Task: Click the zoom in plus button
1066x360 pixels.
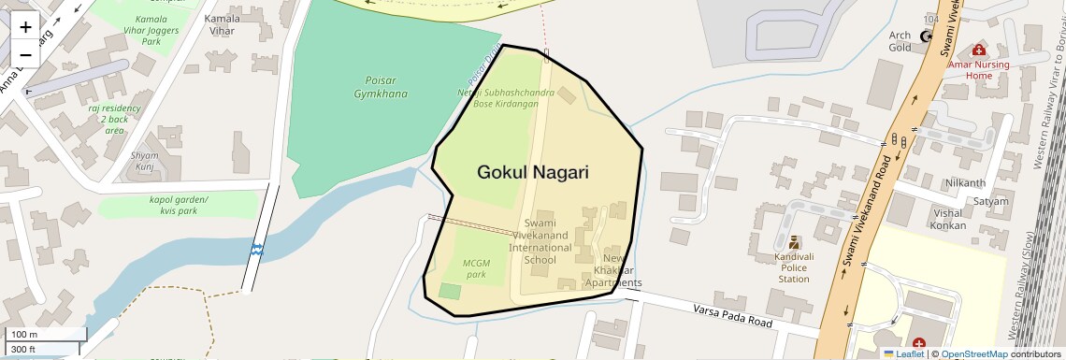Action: tap(25, 26)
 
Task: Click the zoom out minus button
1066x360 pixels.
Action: tap(25, 54)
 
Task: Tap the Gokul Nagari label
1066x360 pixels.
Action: tap(533, 172)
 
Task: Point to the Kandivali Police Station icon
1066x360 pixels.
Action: tap(794, 242)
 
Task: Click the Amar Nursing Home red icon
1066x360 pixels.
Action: tap(978, 50)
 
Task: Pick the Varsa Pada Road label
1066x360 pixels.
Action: tap(732, 316)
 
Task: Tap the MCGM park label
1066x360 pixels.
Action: tap(477, 268)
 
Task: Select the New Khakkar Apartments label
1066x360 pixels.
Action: tap(612, 270)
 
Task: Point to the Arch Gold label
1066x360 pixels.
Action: tap(900, 41)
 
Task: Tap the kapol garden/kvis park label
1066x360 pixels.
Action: tap(179, 205)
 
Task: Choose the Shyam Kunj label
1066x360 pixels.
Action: tap(145, 161)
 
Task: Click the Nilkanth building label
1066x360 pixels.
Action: tap(965, 182)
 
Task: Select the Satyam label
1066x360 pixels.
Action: tap(990, 201)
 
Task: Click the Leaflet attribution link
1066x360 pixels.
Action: tap(903, 353)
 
